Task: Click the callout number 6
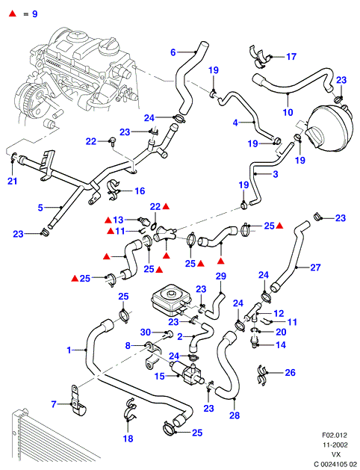click(x=173, y=52)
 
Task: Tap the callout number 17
click(x=291, y=57)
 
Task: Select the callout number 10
click(x=288, y=112)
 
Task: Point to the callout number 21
click(x=12, y=181)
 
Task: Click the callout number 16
click(x=140, y=191)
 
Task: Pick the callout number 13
click(x=118, y=220)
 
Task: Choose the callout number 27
click(x=315, y=268)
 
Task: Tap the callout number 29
click(x=221, y=276)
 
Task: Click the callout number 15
click(x=160, y=376)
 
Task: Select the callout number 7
click(x=54, y=404)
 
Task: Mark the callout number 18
click(x=128, y=439)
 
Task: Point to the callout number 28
click(x=235, y=415)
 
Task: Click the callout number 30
click(x=146, y=332)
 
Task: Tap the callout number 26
click(x=290, y=373)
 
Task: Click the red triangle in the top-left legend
click(x=13, y=13)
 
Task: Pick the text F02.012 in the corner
click(x=335, y=435)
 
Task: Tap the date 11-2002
click(x=335, y=445)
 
